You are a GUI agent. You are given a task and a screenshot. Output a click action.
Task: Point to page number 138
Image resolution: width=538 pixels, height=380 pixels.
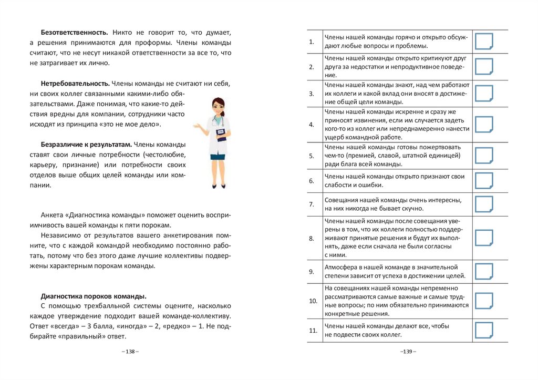pyautogui.click(x=130, y=351)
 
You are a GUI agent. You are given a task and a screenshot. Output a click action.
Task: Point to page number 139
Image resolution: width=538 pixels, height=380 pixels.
pyautogui.click(x=408, y=351)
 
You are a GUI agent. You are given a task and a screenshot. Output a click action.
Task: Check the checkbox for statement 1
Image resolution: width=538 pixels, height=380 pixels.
pyautogui.click(x=484, y=41)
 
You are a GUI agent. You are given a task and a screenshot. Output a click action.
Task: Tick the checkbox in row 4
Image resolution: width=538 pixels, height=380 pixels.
pyautogui.click(x=484, y=125)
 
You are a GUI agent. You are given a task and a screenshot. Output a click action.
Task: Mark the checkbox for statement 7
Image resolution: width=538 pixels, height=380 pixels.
pyautogui.click(x=484, y=204)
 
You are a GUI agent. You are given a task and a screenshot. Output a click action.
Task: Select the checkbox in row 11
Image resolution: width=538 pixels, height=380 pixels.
pyautogui.click(x=484, y=330)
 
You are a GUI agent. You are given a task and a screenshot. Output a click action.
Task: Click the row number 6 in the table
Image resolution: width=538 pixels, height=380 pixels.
pyautogui.click(x=311, y=181)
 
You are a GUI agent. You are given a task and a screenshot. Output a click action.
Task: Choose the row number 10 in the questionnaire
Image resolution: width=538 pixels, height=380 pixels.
pyautogui.click(x=313, y=302)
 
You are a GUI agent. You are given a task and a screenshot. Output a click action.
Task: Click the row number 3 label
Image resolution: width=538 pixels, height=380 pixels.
pyautogui.click(x=311, y=94)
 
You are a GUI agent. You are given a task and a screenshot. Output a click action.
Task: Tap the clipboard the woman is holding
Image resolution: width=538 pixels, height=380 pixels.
pyautogui.click(x=221, y=133)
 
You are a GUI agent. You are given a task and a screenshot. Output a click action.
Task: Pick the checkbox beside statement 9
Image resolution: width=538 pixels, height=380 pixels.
pyautogui.click(x=484, y=271)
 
